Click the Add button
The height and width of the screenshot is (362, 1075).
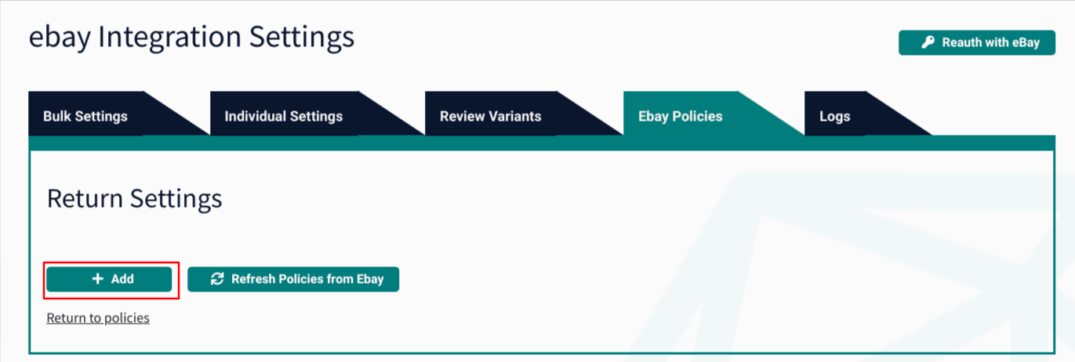[109, 279]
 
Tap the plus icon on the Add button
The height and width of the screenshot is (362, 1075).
[98, 279]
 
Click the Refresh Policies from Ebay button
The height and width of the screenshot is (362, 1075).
[293, 279]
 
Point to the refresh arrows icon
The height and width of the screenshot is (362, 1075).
[217, 279]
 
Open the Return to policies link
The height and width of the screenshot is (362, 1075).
[98, 318]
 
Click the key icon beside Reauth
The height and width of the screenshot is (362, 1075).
[928, 43]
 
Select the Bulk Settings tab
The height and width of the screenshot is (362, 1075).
[85, 117]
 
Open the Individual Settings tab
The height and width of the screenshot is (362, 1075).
[284, 117]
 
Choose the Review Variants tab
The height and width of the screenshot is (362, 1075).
[491, 117]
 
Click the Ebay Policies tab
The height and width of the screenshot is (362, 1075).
[681, 117]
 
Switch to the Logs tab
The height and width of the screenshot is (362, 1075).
[835, 117]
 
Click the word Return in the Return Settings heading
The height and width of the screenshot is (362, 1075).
[85, 199]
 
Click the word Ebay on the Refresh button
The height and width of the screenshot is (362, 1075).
[370, 279]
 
